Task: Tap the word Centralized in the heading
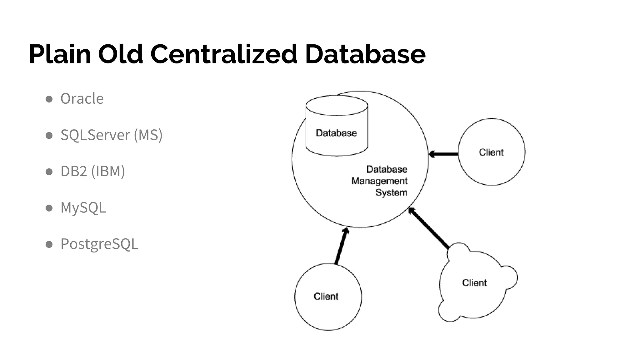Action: (224, 54)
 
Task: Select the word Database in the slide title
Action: (365, 54)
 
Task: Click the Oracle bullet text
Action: (82, 99)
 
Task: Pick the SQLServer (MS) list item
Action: (112, 135)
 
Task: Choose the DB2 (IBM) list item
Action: (93, 171)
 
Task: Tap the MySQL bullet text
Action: (83, 207)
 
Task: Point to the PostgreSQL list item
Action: (99, 244)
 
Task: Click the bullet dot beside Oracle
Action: (49, 99)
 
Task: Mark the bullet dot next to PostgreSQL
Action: (49, 244)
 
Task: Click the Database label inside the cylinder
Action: (336, 133)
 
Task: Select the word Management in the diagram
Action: (379, 181)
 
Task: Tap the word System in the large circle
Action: (391, 192)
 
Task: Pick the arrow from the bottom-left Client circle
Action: (341, 246)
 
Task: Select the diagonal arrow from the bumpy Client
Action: (429, 228)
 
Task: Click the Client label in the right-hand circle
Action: (491, 152)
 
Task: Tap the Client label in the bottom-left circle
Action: (326, 296)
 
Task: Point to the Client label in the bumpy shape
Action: (474, 283)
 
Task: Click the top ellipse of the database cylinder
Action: (337, 106)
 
